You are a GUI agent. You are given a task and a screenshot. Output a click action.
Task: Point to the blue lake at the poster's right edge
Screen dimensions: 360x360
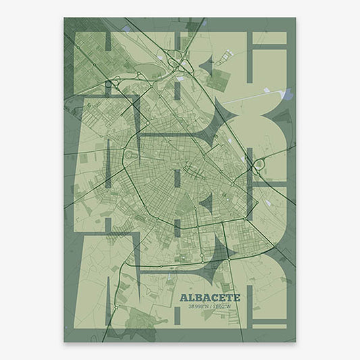pos(288,97)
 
